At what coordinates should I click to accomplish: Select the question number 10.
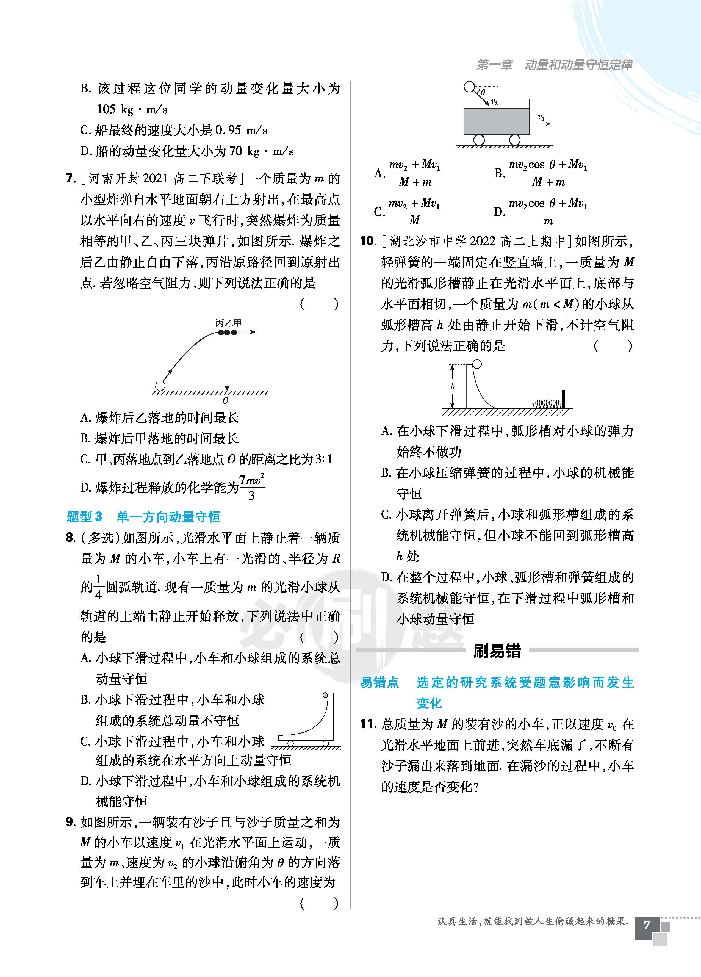(368, 241)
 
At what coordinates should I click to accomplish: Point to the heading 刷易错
(497, 651)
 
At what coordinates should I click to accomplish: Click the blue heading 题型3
(84, 516)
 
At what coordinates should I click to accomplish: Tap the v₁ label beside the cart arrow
(541, 117)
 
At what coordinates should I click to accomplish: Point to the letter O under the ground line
(225, 401)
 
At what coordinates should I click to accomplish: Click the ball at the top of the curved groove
(477, 364)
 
